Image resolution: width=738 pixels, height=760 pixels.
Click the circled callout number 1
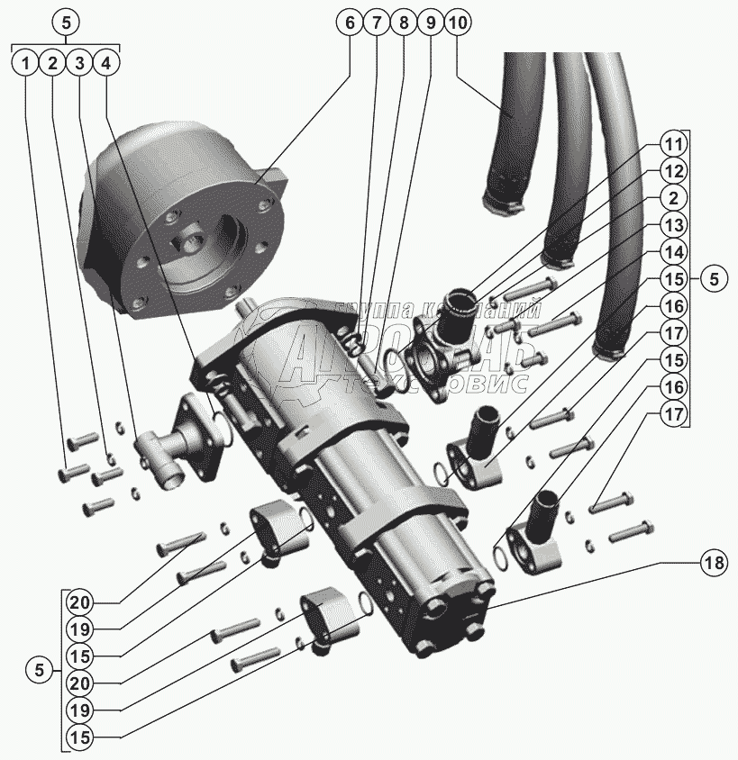click(27, 64)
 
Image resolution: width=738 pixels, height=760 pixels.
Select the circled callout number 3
click(80, 64)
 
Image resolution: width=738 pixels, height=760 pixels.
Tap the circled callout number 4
click(106, 64)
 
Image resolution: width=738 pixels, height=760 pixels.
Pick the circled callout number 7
click(376, 24)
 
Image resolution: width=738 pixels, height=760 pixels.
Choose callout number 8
click(403, 24)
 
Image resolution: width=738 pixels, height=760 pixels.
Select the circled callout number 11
click(674, 143)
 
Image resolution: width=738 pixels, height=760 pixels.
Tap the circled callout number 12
click(674, 170)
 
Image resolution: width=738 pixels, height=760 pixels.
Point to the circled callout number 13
click(674, 223)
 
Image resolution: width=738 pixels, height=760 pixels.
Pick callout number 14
click(674, 250)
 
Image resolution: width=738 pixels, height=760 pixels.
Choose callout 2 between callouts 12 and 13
click(674, 197)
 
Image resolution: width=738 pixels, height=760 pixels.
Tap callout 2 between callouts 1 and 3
click(53, 64)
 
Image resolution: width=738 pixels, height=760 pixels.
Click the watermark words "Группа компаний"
click(439, 312)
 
